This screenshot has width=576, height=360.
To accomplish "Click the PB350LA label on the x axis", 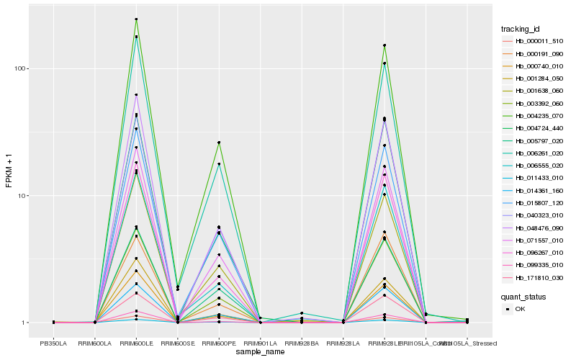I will (54, 343).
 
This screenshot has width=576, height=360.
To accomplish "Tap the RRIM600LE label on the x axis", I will (137, 343).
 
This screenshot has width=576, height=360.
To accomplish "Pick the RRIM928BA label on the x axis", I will (302, 343).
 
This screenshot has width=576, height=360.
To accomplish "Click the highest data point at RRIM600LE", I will (137, 19).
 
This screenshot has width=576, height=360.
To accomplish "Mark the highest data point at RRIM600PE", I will (219, 143).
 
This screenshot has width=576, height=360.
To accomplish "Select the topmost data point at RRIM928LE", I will (384, 45).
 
